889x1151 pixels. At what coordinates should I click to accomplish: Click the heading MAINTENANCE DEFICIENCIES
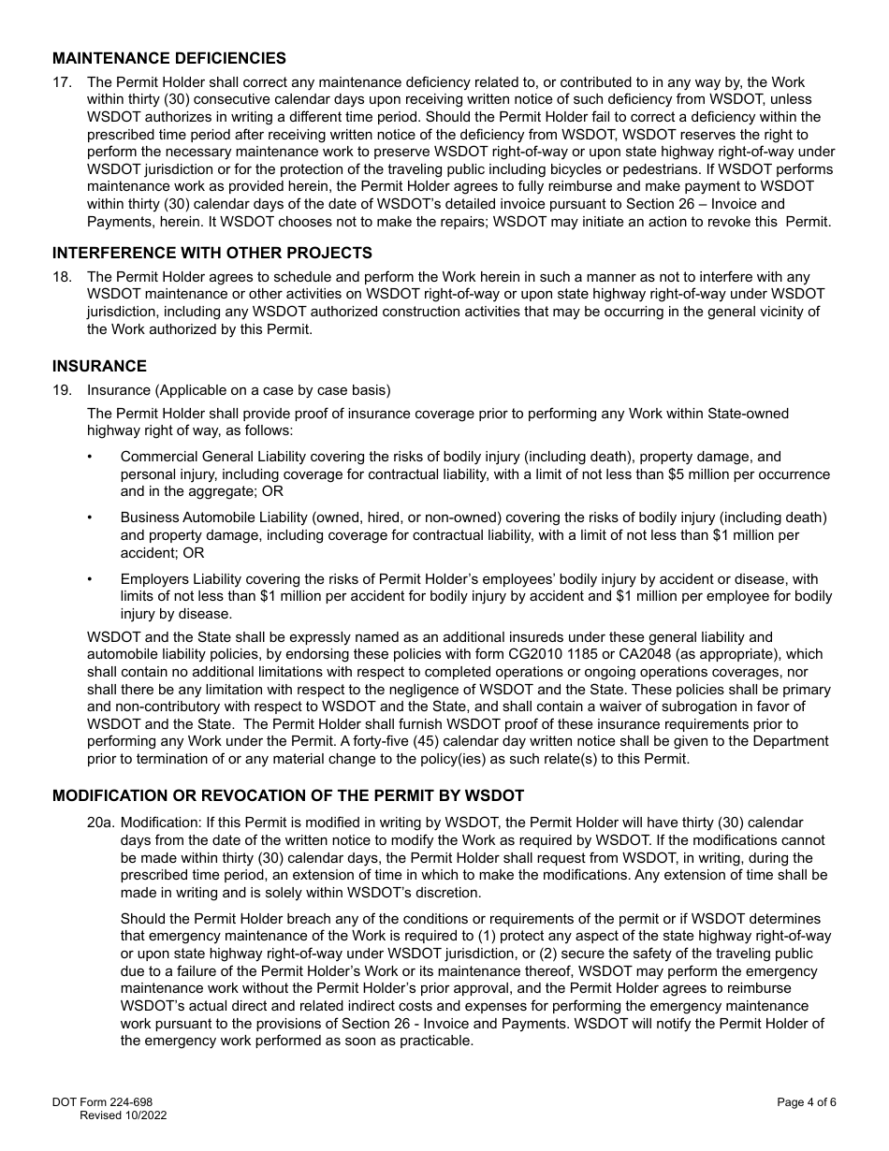click(x=169, y=58)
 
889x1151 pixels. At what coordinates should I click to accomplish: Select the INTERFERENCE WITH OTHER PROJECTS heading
click(x=212, y=253)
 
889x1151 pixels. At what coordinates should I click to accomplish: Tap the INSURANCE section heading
click(x=99, y=366)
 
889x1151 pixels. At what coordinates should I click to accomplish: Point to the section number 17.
click(x=62, y=82)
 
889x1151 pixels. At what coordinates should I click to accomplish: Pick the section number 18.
click(x=62, y=277)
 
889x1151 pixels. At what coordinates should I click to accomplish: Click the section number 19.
click(x=62, y=390)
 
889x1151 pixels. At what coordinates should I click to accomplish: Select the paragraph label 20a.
click(x=100, y=822)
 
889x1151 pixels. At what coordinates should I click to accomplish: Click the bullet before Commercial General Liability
click(x=90, y=457)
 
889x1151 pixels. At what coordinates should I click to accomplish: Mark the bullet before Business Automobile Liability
click(x=90, y=517)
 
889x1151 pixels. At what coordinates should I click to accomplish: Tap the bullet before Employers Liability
click(x=90, y=579)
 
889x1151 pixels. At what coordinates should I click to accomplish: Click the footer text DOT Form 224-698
click(x=102, y=1102)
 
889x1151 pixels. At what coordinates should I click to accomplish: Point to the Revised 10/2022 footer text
click(x=124, y=1115)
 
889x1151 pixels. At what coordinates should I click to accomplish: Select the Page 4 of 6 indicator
click(x=806, y=1102)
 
